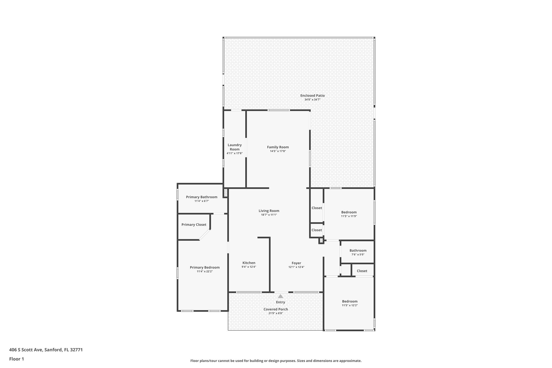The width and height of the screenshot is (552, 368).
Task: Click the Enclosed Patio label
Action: click(x=312, y=95)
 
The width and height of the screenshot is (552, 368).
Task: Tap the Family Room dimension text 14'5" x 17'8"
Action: click(x=278, y=151)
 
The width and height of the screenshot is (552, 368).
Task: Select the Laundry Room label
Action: click(x=234, y=147)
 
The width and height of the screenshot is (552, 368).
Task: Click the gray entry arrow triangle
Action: click(x=280, y=296)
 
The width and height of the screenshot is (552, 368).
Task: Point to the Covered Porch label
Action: click(x=275, y=309)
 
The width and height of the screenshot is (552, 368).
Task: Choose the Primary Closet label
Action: click(x=194, y=225)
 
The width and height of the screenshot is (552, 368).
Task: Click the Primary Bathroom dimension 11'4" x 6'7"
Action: click(x=202, y=201)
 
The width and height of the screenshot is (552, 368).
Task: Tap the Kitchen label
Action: click(x=249, y=263)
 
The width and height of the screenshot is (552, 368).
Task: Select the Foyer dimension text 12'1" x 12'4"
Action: click(x=296, y=267)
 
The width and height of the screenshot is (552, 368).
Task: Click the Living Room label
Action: click(x=269, y=211)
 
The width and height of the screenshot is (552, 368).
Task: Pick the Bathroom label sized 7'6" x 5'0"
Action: click(x=358, y=250)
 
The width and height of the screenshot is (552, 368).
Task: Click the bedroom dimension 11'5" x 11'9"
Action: click(x=349, y=216)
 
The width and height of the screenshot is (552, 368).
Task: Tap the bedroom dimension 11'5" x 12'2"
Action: click(x=350, y=305)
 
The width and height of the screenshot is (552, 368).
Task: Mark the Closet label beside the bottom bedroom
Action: click(x=362, y=271)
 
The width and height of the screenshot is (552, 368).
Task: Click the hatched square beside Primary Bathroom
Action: click(x=225, y=193)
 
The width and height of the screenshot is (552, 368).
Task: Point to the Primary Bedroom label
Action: click(x=205, y=267)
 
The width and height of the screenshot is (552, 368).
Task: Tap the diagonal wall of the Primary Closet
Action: click(x=205, y=235)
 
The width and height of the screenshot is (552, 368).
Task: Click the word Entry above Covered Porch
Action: click(x=280, y=302)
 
